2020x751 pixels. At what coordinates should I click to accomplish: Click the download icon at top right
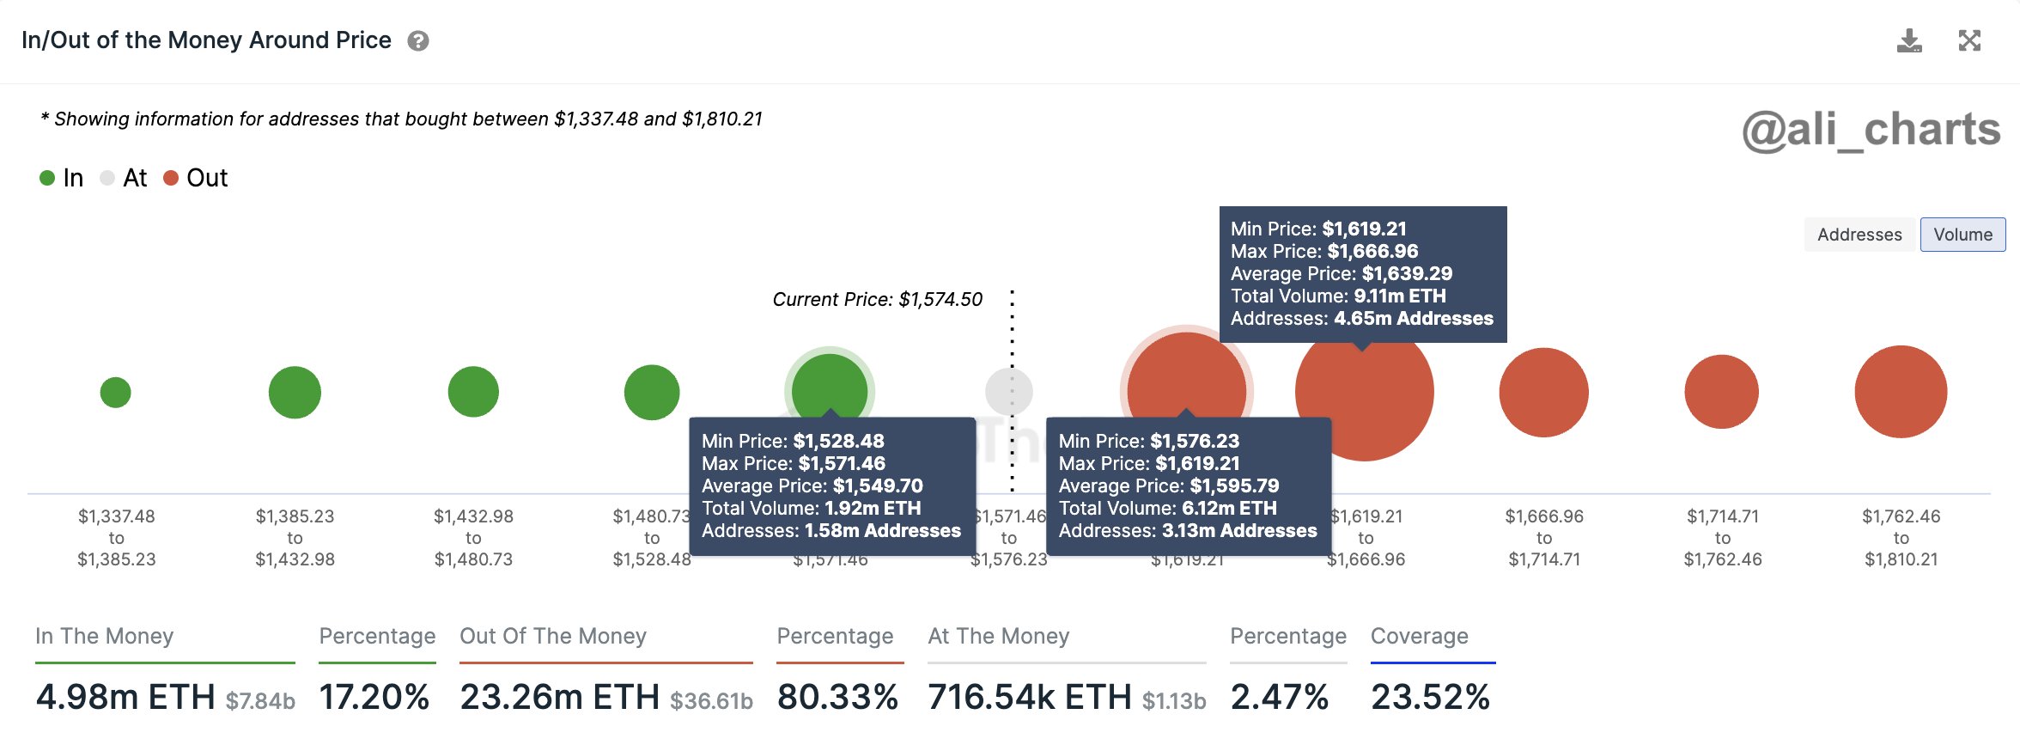tap(1908, 40)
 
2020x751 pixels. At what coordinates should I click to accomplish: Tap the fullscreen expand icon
tap(1969, 40)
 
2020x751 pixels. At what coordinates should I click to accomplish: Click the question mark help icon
tap(418, 41)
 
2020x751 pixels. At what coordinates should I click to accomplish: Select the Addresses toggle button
tap(1859, 235)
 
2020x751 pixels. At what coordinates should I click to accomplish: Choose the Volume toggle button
tap(1962, 235)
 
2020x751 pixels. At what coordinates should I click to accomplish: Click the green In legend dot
tap(47, 178)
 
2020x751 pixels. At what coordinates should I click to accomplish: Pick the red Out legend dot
tap(171, 178)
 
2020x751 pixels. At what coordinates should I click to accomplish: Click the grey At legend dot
tap(107, 178)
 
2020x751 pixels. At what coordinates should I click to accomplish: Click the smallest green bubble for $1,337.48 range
tap(116, 393)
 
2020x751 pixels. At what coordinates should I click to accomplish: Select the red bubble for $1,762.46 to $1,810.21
tap(1901, 392)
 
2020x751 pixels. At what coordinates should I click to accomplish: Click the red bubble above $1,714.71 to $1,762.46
tap(1722, 392)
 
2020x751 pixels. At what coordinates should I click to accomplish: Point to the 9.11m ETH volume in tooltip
tap(1399, 296)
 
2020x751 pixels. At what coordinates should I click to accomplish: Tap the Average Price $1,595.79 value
tap(1234, 486)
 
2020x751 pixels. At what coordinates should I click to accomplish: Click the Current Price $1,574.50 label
tap(877, 300)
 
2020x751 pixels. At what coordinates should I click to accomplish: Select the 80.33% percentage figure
tap(837, 697)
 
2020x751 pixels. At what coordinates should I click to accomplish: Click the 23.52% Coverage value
tap(1430, 697)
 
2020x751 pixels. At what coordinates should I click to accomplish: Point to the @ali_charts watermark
tap(1871, 131)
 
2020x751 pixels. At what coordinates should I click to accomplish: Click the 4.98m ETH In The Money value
tap(125, 697)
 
